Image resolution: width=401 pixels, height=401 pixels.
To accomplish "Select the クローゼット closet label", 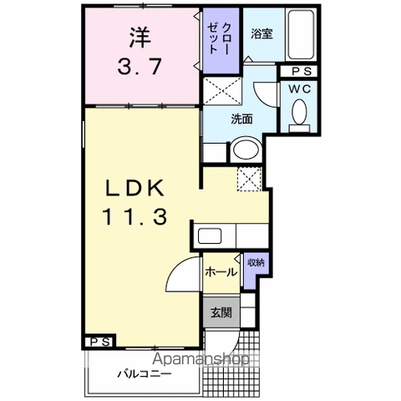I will pyautogui.click(x=220, y=40).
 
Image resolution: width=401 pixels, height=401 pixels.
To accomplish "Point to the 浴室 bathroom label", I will pyautogui.click(x=261, y=34).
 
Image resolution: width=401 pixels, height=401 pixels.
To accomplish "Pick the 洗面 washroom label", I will pyautogui.click(x=241, y=119).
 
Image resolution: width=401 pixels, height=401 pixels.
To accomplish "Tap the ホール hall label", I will pyautogui.click(x=219, y=272).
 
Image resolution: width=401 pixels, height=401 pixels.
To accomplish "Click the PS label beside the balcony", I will pyautogui.click(x=99, y=342).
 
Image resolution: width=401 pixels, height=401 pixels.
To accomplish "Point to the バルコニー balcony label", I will pyautogui.click(x=144, y=374).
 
